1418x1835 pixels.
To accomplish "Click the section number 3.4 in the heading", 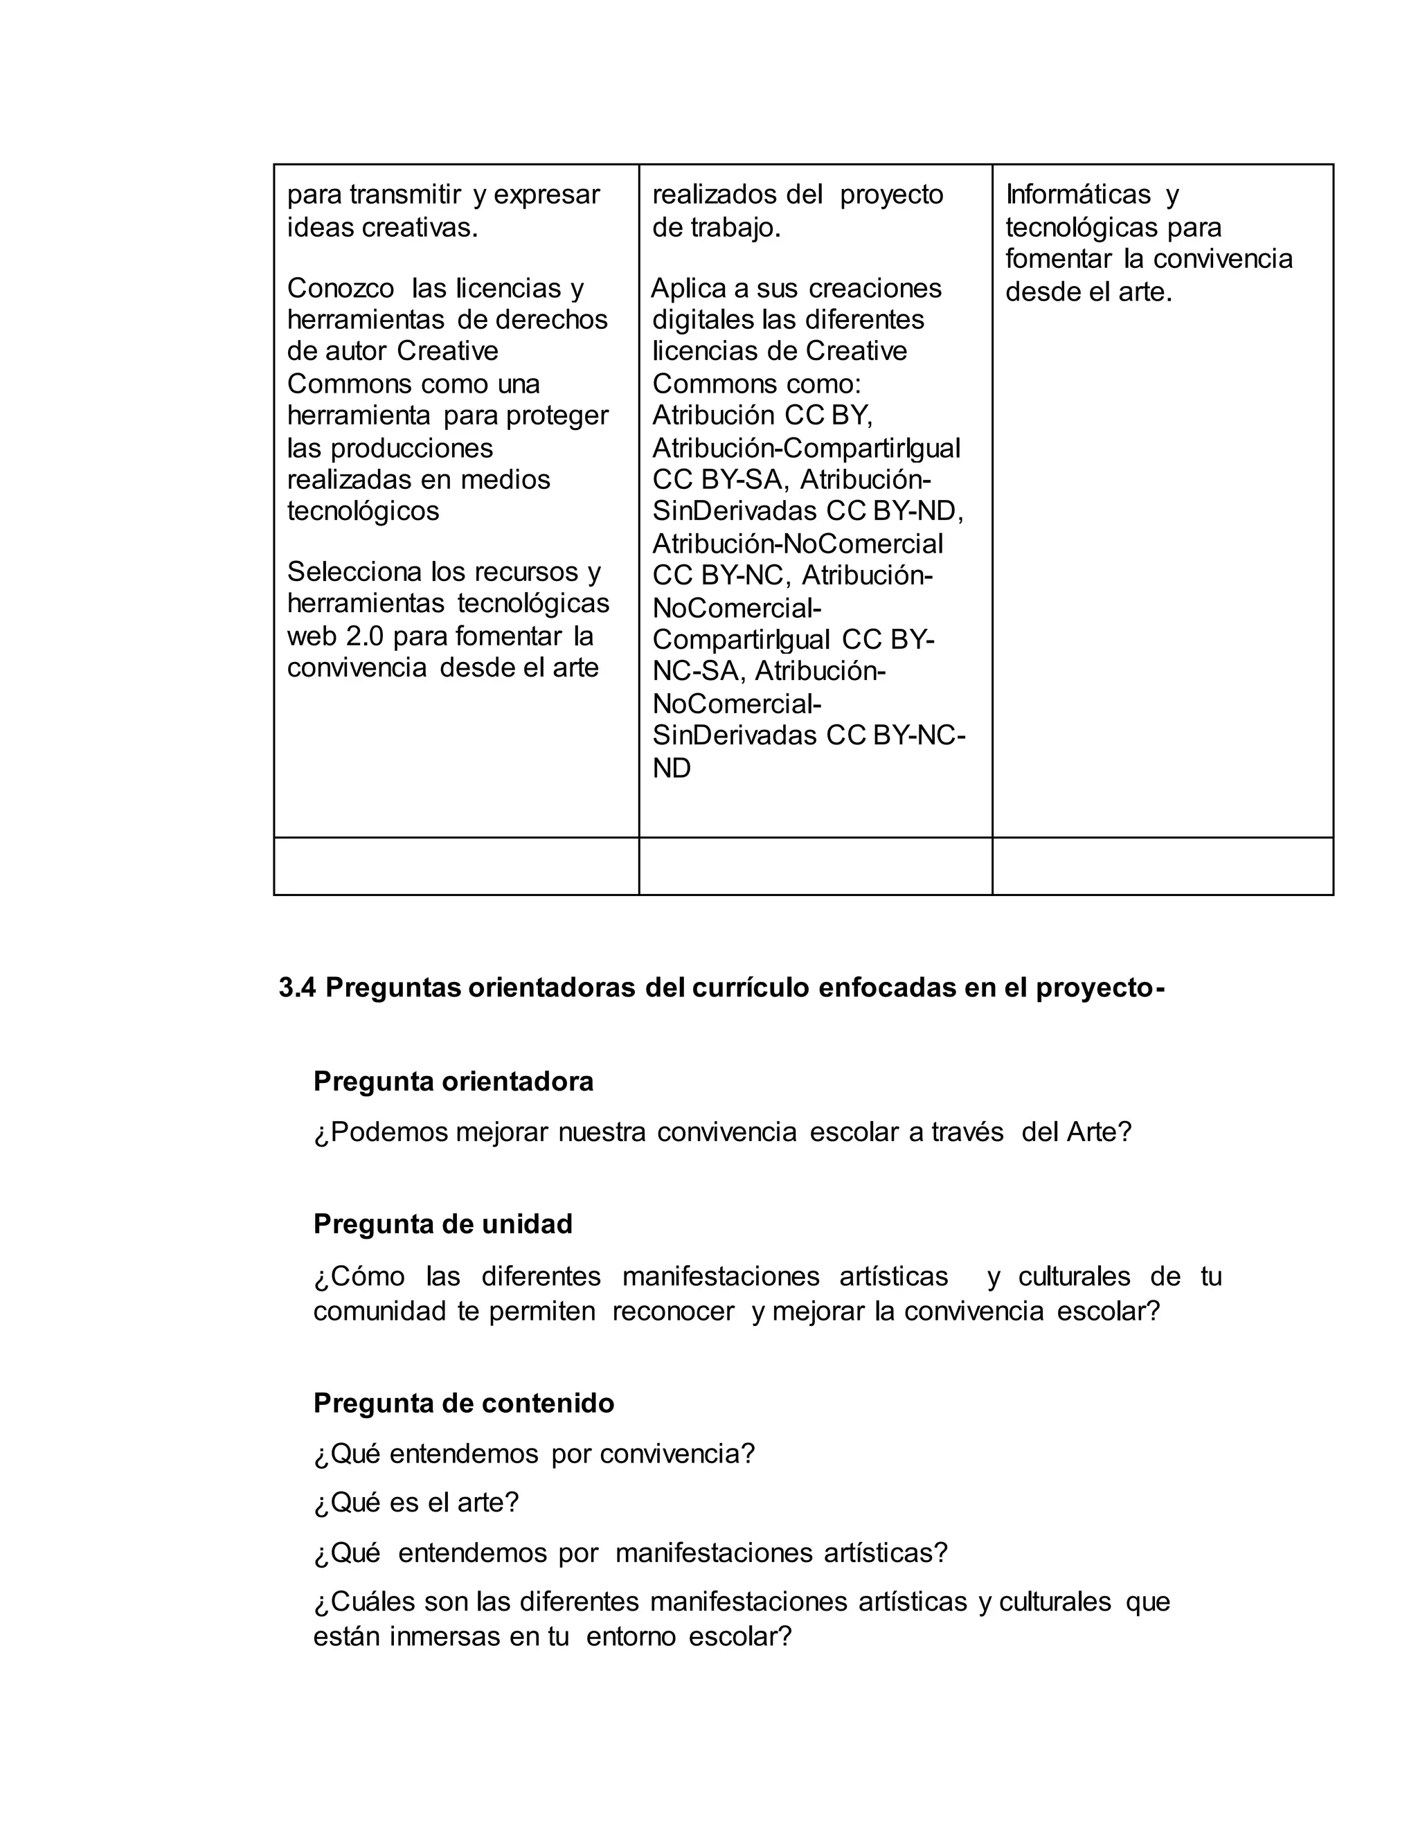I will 296,988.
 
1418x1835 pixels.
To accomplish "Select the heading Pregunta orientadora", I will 453,1082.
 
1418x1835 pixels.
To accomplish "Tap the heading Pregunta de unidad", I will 442,1224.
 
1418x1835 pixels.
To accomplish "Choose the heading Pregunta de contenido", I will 464,1403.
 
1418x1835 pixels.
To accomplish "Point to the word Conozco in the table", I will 340,288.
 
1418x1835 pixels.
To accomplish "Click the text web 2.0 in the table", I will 335,636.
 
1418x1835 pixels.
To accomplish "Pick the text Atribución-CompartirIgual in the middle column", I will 807,448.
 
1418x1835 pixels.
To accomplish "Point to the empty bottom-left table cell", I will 456,866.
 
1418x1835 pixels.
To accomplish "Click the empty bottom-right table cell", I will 1163,866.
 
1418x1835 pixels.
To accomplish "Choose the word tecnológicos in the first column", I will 363,511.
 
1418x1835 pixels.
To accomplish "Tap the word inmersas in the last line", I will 445,1637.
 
